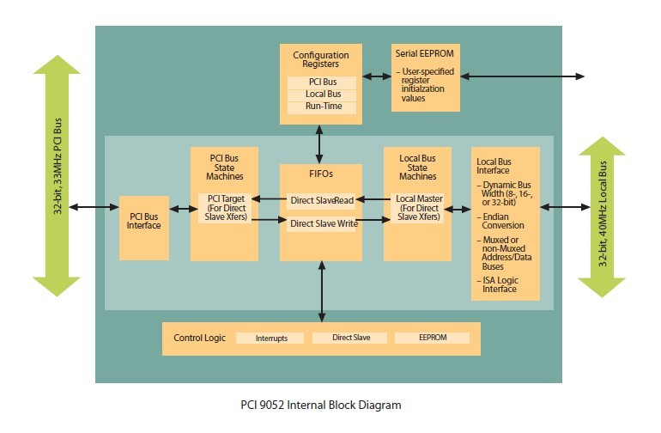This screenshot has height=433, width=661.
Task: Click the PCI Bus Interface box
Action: point(144,222)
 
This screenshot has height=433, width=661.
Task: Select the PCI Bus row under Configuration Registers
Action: point(320,82)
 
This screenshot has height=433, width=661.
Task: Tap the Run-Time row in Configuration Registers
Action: point(320,107)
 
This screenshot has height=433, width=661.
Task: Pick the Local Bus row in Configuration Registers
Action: point(320,95)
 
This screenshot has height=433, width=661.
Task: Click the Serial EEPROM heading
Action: point(424,53)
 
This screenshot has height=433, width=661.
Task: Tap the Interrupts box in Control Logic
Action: point(271,338)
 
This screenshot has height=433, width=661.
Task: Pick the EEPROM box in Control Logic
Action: point(432,338)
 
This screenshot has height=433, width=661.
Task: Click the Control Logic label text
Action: point(199,338)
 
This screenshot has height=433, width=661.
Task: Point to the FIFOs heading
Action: point(321,174)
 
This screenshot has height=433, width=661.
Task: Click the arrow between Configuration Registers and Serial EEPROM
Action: point(377,76)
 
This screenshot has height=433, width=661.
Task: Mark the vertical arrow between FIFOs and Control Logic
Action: point(321,291)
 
